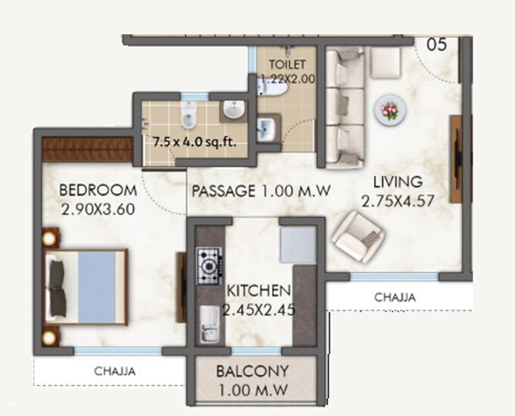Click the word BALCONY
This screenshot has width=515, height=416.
pos(253,372)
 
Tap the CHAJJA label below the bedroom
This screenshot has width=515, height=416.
pos(115,371)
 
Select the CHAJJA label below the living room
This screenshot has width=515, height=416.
pos(395,298)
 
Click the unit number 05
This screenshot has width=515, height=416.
pos(436,44)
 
